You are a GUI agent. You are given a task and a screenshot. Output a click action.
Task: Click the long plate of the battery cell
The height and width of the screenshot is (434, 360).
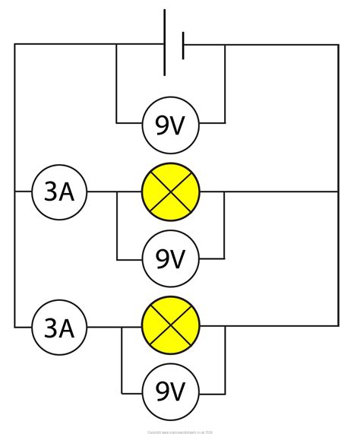165,43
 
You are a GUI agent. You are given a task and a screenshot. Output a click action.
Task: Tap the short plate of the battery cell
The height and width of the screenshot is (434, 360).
182,45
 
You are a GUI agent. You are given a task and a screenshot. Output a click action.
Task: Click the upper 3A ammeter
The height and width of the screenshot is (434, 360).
59,192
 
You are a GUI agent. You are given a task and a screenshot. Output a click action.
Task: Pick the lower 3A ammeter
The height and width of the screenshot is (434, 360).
59,328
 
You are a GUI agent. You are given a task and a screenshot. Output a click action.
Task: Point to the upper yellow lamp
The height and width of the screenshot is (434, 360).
170,192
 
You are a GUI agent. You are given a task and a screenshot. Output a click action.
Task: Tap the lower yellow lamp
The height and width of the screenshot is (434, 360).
170,328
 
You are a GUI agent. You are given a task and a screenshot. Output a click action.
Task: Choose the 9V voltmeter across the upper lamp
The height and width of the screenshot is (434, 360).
170,259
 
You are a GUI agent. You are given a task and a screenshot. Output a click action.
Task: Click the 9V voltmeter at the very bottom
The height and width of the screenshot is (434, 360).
170,393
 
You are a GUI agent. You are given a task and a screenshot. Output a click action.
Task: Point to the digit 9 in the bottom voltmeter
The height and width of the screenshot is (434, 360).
162,393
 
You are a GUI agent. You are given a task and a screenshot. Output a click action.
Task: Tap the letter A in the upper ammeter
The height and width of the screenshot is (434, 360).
68,192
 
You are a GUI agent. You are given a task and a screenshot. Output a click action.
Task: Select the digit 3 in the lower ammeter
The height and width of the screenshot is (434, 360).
50,328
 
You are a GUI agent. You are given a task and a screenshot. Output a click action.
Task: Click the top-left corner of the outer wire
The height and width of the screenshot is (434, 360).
14,45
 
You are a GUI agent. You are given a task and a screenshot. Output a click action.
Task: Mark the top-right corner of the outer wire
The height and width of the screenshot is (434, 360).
339,45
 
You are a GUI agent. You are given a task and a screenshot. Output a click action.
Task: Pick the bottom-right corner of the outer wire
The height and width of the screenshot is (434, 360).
339,328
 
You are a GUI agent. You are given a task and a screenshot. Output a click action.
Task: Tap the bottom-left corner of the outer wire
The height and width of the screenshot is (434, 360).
14,328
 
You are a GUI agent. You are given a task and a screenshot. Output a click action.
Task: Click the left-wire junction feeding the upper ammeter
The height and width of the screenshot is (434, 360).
14,192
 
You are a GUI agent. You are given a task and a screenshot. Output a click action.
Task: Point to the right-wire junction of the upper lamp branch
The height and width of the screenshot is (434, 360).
339,192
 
